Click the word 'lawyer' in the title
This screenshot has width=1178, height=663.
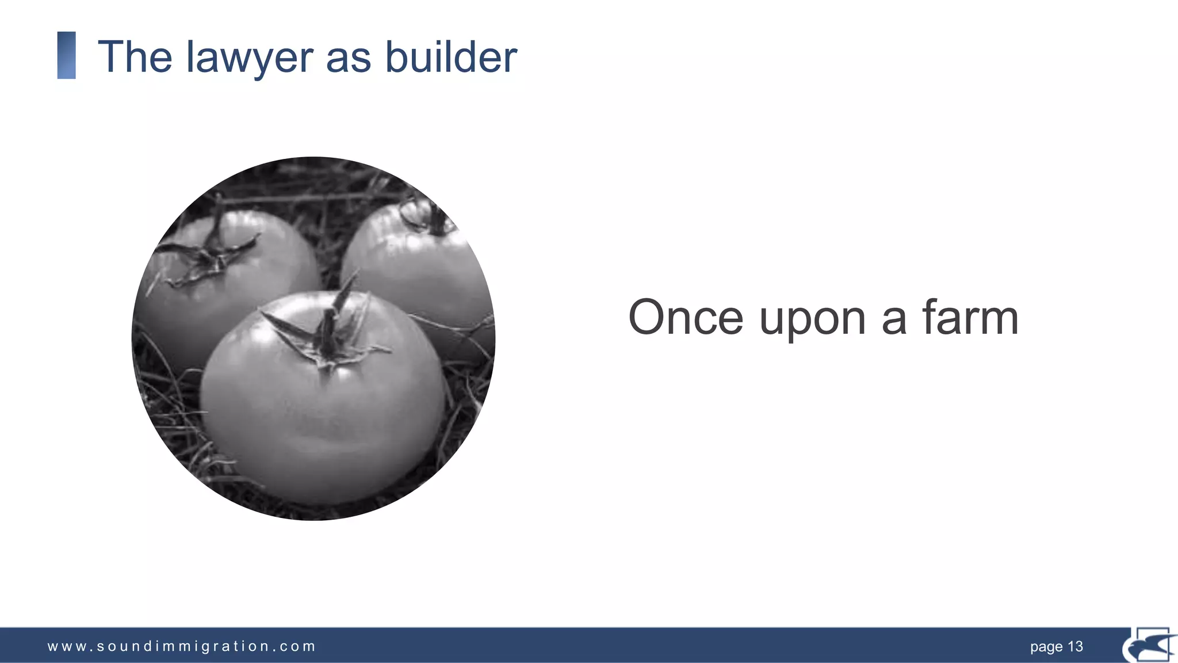click(249, 58)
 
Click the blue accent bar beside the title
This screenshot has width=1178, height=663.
click(67, 55)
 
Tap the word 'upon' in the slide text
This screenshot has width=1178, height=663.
click(812, 319)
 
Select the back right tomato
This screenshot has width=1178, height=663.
click(420, 270)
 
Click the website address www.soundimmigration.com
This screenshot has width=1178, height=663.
click(181, 646)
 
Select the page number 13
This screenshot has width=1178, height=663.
click(1075, 646)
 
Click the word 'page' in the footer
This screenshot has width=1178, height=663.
click(1046, 647)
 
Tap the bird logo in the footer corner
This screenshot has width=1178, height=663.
click(1149, 645)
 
